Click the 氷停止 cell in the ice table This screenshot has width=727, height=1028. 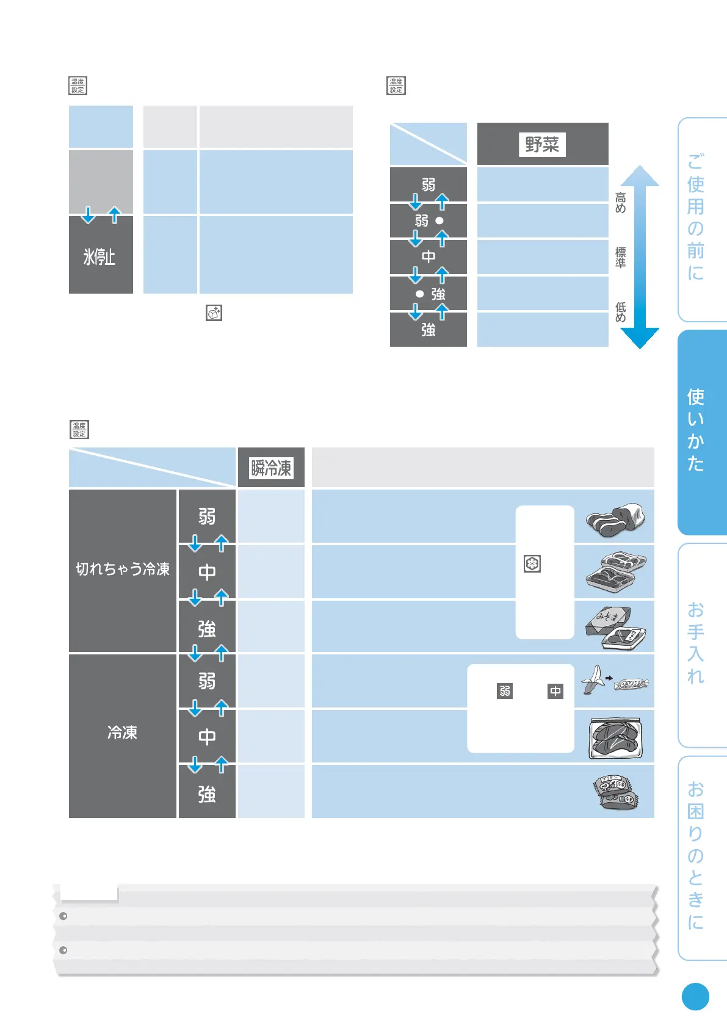click(x=100, y=256)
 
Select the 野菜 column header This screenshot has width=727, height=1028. click(x=542, y=145)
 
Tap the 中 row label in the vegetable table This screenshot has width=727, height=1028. click(x=428, y=257)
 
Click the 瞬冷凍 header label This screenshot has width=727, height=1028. click(x=271, y=468)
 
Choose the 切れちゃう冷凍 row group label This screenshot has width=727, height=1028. click(x=123, y=570)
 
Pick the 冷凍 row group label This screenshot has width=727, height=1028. click(x=122, y=733)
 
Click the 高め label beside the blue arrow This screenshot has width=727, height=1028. click(x=621, y=203)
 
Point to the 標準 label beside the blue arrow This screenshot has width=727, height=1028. click(x=621, y=258)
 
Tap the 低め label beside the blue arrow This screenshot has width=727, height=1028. click(x=621, y=312)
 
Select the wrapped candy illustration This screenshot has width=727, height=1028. click(x=631, y=684)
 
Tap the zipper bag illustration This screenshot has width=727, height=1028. click(x=615, y=738)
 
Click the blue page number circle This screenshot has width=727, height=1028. click(x=695, y=997)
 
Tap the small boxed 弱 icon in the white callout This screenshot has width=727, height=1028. click(x=505, y=691)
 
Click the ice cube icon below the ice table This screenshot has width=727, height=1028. click(x=214, y=313)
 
